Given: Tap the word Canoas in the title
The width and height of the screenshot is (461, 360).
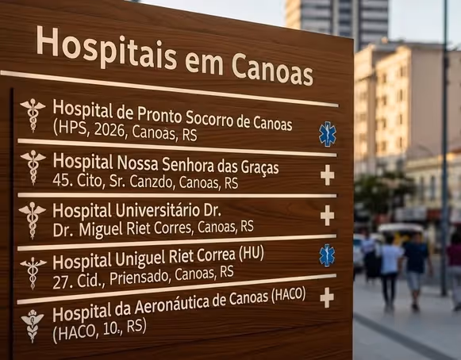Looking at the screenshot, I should pos(272,68).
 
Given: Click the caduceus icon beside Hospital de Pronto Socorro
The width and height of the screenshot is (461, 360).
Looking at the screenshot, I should pos(33,114).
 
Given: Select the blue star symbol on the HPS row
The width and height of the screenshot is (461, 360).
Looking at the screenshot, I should pos(327,133).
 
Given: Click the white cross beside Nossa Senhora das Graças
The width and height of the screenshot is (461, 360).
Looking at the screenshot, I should pos(327,174).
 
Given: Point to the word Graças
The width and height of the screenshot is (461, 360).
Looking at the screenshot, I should pos(252,167).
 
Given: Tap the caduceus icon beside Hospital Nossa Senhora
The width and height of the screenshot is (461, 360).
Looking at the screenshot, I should pos(33,166).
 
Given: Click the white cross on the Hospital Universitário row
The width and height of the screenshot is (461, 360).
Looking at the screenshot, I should pos(327,215).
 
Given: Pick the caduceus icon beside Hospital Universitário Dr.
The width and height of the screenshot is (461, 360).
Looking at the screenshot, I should pos(33,218).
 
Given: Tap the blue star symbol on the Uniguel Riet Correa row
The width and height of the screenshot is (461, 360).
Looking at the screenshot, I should pos(327,255).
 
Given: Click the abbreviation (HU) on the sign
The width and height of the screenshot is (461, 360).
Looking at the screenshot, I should pos(251,254).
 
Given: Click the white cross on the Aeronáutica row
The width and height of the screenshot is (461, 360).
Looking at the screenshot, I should pos(326,297).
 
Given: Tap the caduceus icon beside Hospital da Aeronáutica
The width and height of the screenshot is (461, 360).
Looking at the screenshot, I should pos(33,324).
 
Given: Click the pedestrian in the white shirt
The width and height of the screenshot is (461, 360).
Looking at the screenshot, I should pos(390,270).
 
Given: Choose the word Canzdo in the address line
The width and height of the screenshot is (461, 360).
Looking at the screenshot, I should pos(150,183).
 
